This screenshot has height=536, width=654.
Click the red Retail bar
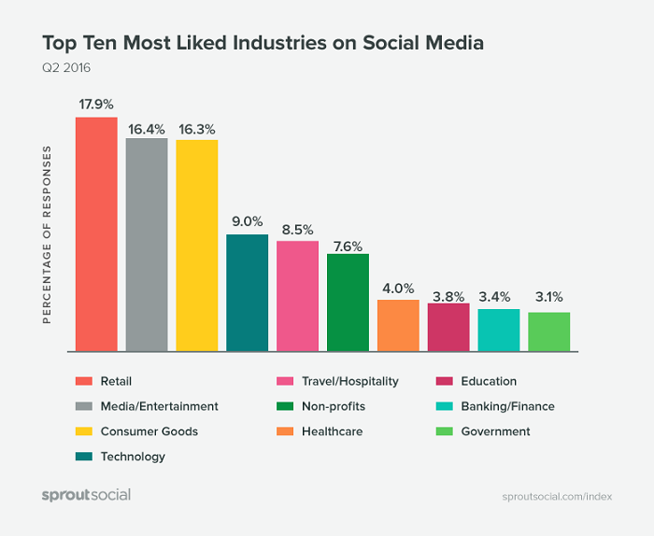point(96,233)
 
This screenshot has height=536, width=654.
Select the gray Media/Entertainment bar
point(147,245)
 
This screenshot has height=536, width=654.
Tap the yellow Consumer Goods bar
point(197,246)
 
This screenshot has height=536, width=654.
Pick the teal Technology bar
point(248,292)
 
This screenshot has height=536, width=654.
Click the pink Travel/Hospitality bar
point(298,296)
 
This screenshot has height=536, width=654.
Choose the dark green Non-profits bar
point(348,303)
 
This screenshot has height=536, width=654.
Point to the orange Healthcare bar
point(399,325)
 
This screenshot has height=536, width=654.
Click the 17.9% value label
point(96,103)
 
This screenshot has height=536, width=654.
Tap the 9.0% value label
point(248,221)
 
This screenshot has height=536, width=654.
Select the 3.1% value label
point(549,299)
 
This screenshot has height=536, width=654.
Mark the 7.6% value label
point(348,240)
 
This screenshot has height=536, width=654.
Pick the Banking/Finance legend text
point(509,406)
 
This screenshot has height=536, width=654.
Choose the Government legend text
point(497,431)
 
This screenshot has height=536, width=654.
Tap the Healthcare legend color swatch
point(284,431)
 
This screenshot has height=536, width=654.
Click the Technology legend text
point(133,457)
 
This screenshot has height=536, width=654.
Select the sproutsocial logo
point(86,495)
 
